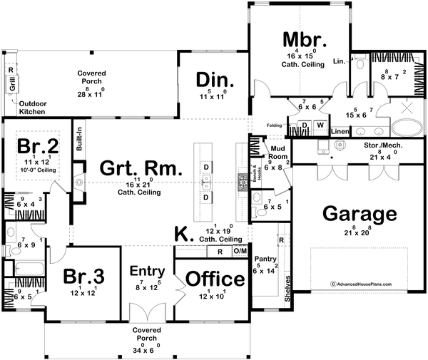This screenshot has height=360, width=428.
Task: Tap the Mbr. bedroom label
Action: coord(305,38)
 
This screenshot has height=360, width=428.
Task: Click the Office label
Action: coord(214,278)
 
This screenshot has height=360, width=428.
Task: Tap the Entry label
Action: coord(148,272)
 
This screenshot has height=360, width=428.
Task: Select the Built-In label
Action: coord(78,140)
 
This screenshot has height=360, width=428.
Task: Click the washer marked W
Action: coord(320,126)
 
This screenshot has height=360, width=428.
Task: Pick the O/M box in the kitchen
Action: coord(240,252)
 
